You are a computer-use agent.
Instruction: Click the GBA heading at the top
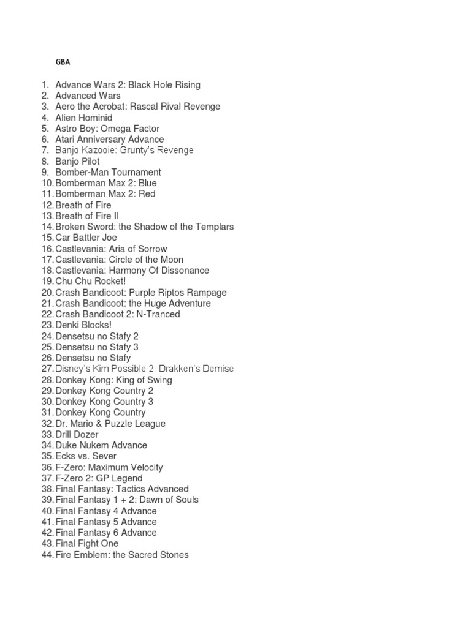(x=63, y=62)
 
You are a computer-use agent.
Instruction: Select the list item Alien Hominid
(x=83, y=118)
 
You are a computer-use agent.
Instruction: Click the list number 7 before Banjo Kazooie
(x=45, y=151)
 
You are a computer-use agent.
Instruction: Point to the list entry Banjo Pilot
(x=77, y=162)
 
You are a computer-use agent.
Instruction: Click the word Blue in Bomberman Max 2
(x=147, y=183)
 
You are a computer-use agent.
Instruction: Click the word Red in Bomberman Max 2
(x=147, y=194)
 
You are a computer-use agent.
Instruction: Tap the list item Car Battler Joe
(x=86, y=238)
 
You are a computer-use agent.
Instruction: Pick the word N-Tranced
(x=158, y=314)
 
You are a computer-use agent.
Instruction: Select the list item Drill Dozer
(x=77, y=435)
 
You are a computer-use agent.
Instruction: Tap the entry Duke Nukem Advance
(x=101, y=446)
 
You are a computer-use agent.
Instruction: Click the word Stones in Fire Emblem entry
(x=174, y=555)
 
